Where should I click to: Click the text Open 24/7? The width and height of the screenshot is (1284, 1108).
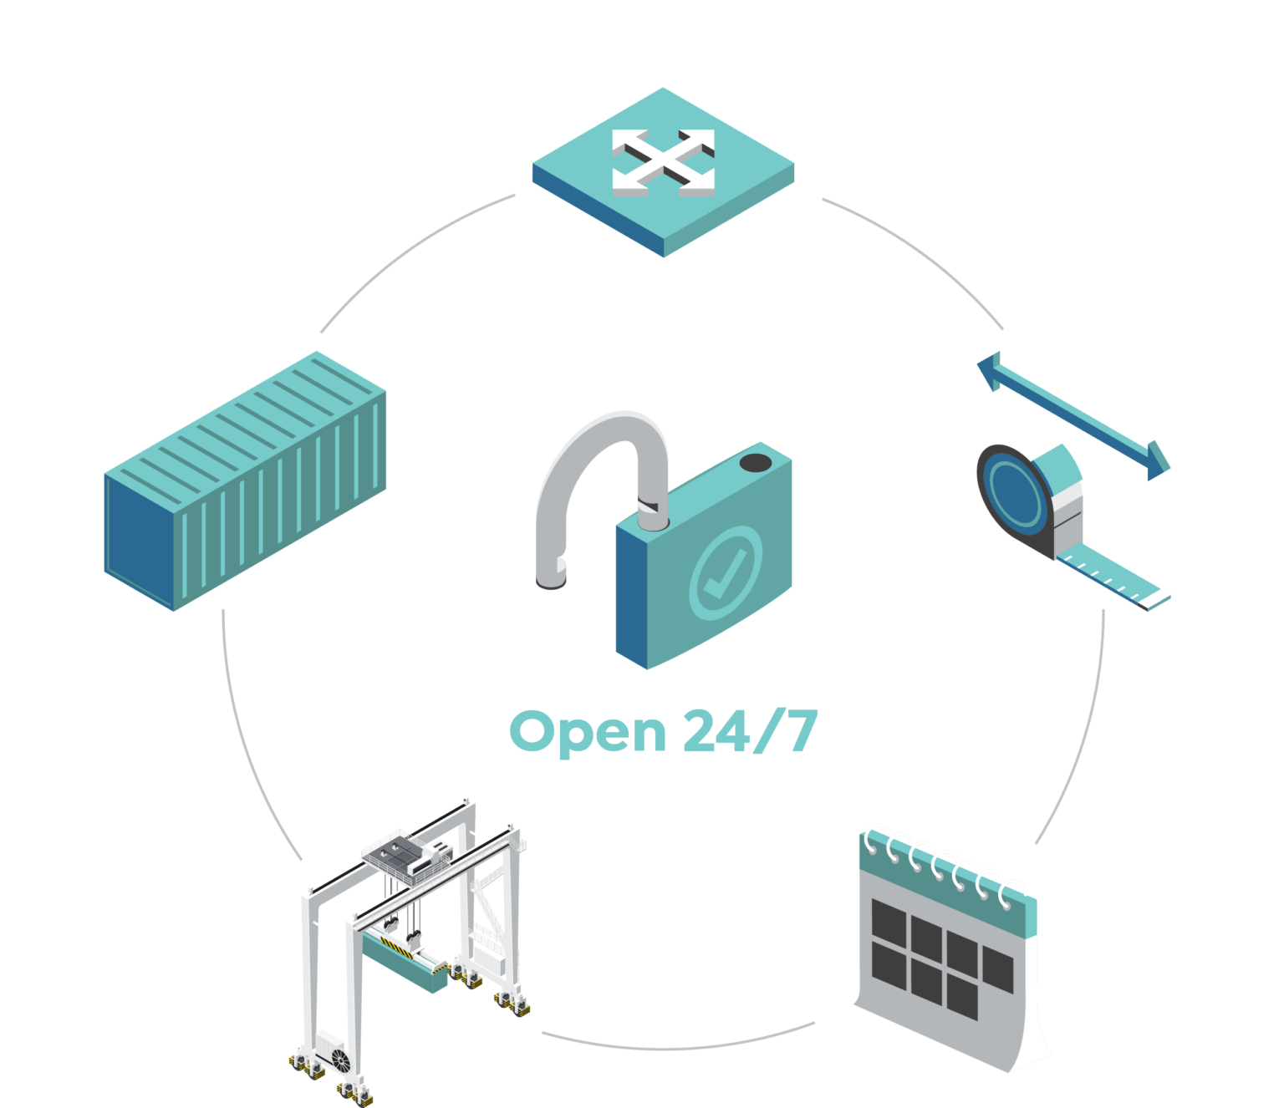point(663,731)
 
